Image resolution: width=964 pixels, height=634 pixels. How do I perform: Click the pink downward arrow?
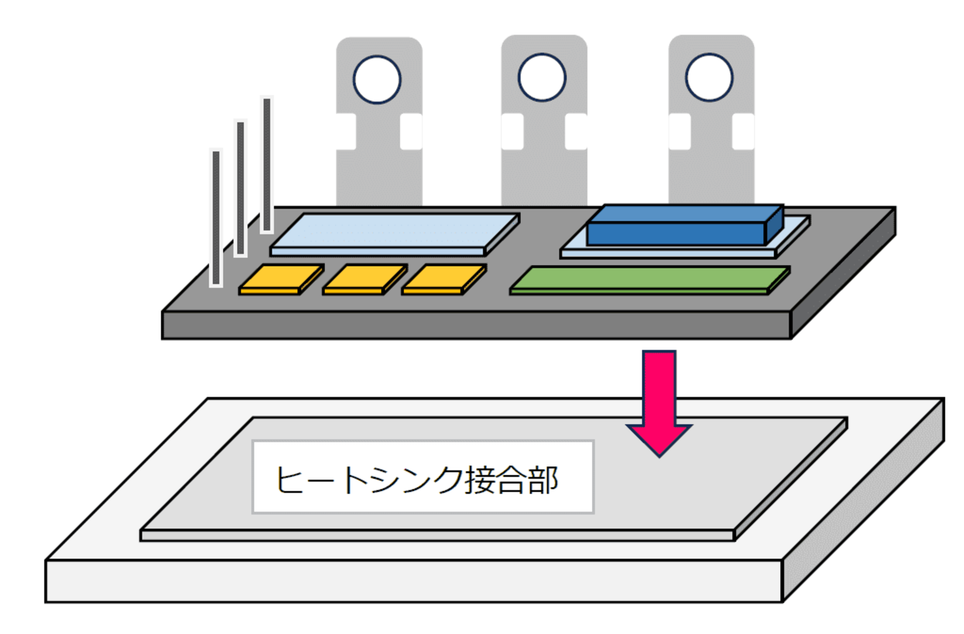pyautogui.click(x=659, y=397)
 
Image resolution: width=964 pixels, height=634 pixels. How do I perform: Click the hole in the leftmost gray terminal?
pyautogui.click(x=377, y=80)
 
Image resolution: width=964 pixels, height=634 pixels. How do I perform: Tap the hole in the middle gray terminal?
pyautogui.click(x=542, y=78)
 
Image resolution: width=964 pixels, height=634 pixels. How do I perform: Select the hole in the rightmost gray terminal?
pyautogui.click(x=709, y=78)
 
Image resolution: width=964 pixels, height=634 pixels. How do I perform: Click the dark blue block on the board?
pyautogui.click(x=678, y=230)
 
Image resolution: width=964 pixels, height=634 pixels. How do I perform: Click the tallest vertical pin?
pyautogui.click(x=267, y=165)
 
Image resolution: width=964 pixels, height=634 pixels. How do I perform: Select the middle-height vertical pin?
pyautogui.click(x=240, y=188)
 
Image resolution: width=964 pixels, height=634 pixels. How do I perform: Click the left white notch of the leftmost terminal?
pyautogui.click(x=346, y=132)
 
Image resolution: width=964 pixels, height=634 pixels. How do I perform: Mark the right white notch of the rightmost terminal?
pyautogui.click(x=743, y=132)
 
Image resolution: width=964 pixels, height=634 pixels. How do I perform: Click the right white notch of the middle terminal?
pyautogui.click(x=575, y=132)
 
